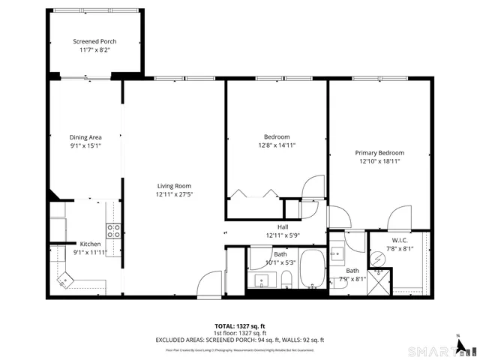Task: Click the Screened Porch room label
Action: pos(94,41)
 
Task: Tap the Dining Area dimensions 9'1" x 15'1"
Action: pos(85,146)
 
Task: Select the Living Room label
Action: pos(174,186)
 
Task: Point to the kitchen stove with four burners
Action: pos(114,230)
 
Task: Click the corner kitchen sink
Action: pos(66,280)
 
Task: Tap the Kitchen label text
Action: pos(91,244)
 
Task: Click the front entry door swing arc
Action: pos(207,285)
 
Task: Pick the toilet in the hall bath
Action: pos(286,281)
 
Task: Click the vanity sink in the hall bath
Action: pos(262,281)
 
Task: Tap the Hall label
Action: pos(283,227)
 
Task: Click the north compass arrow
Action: pos(457,339)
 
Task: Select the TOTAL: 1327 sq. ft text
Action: pos(240,326)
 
